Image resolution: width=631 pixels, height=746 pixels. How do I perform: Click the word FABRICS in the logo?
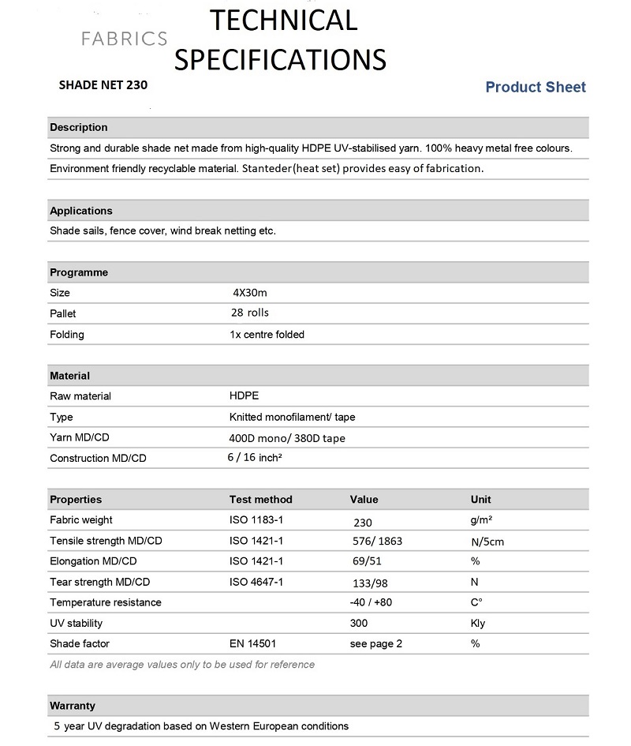125,39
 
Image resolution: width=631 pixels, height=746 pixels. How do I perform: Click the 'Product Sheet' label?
536,87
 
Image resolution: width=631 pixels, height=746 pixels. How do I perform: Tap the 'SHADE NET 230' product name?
103,84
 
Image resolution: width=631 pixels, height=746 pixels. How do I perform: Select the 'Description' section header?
79,127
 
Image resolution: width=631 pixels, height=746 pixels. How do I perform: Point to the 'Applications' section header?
81,211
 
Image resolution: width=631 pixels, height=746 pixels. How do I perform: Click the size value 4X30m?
250,292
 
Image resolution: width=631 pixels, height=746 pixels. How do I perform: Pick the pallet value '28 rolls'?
251,313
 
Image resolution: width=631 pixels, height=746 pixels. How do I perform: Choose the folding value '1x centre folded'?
267,334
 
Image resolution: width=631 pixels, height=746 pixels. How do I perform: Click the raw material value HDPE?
244,395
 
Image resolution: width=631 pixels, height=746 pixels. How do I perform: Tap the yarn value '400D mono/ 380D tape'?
287,438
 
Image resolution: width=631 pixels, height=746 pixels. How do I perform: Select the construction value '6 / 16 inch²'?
255,457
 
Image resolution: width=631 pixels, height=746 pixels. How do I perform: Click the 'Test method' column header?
260,499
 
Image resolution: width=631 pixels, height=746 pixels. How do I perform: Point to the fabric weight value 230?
363,522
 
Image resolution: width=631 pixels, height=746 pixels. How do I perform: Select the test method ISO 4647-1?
256,582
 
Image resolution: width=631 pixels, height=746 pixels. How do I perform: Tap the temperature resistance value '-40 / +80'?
371,602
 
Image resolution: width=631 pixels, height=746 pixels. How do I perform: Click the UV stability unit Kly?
478,623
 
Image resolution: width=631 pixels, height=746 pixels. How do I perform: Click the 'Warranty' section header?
73,705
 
